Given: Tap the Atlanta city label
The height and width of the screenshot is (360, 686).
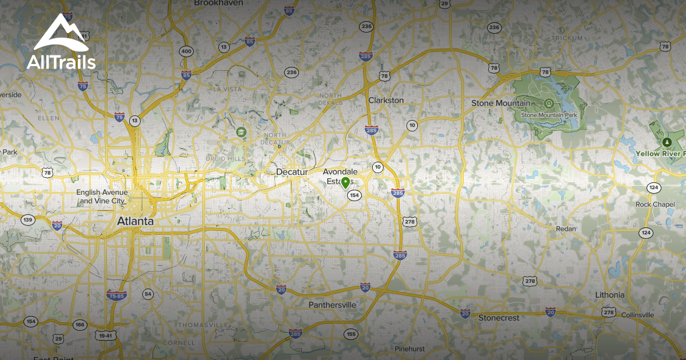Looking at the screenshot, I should pyautogui.click(x=135, y=221).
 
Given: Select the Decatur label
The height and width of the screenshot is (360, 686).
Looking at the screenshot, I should pyautogui.click(x=292, y=172).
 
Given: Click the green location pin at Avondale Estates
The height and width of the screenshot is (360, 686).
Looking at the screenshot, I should pyautogui.click(x=345, y=183).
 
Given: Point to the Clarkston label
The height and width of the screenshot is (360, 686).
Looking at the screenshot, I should pyautogui.click(x=386, y=101).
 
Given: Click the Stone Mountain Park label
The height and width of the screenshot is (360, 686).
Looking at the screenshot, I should pyautogui.click(x=550, y=115).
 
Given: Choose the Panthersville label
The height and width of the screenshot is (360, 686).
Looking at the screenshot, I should pyautogui.click(x=332, y=305).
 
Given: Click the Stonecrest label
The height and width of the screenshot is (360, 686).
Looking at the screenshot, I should pyautogui.click(x=498, y=317).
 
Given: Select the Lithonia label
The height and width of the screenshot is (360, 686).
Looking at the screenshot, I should pyautogui.click(x=609, y=295).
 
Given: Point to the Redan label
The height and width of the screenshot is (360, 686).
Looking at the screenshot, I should pyautogui.click(x=565, y=229).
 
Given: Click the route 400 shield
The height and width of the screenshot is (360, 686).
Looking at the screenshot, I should pyautogui.click(x=186, y=51).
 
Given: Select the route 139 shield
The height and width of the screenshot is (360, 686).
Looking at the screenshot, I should pyautogui.click(x=27, y=220).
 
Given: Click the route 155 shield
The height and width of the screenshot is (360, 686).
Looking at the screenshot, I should pyautogui.click(x=350, y=334).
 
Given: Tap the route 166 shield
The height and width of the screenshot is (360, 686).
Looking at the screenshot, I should pyautogui.click(x=79, y=325).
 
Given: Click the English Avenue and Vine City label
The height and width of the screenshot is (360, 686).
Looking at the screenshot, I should pyautogui.click(x=102, y=197).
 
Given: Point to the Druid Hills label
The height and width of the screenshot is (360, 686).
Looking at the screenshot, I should pyautogui.click(x=230, y=159).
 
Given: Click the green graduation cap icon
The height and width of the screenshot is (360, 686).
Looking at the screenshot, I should pyautogui.click(x=241, y=133).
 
